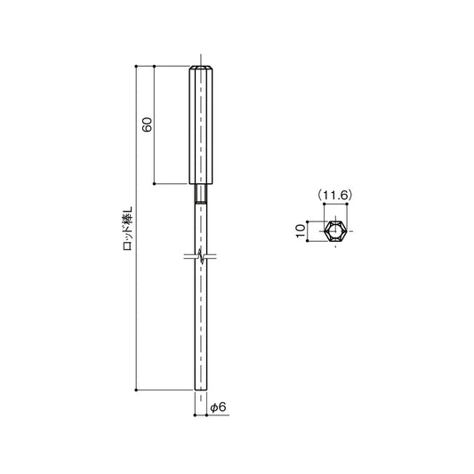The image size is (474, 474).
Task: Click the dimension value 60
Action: point(148,125)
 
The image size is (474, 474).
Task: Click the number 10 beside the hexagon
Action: point(301,230)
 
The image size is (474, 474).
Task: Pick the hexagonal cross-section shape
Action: point(335,231)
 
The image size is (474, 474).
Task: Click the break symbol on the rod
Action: point(201,258)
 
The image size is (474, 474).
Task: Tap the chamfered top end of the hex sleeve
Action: point(201,68)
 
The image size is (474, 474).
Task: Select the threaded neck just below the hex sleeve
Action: point(201,193)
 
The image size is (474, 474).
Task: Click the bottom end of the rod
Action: point(201,388)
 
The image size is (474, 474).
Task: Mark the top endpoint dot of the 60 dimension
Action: point(155,66)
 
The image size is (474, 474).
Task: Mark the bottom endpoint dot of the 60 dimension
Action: point(155,184)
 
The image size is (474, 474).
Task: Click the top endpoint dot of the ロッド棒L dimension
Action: point(135,66)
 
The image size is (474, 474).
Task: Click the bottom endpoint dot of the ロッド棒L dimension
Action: point(135,390)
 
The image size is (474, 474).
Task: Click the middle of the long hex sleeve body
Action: point(201,125)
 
